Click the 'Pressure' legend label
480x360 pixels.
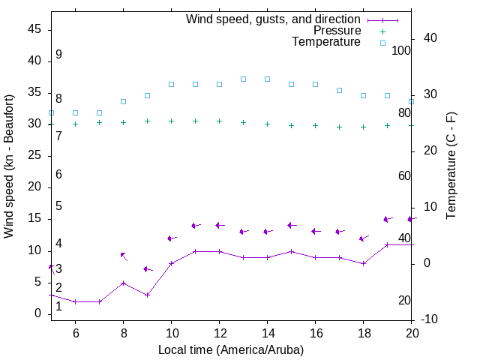(x=337, y=31)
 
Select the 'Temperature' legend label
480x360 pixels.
(x=326, y=42)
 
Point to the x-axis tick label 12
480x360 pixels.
(x=219, y=334)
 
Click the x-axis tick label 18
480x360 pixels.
(x=363, y=334)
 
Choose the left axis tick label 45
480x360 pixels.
(x=34, y=29)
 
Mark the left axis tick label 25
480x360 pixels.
(x=34, y=155)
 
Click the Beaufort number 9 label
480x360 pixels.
(x=58, y=55)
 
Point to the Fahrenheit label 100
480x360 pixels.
(x=401, y=50)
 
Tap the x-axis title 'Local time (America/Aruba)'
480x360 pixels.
(x=231, y=349)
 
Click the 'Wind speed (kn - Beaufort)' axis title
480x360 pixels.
(x=9, y=166)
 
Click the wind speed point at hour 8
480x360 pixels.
(x=123, y=283)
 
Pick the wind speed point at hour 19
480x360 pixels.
(x=387, y=244)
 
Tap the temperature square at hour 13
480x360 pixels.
(x=243, y=79)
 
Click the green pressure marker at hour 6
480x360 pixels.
(x=75, y=124)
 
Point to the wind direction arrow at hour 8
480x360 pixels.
(x=123, y=256)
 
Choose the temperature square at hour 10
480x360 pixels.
(x=171, y=84)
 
